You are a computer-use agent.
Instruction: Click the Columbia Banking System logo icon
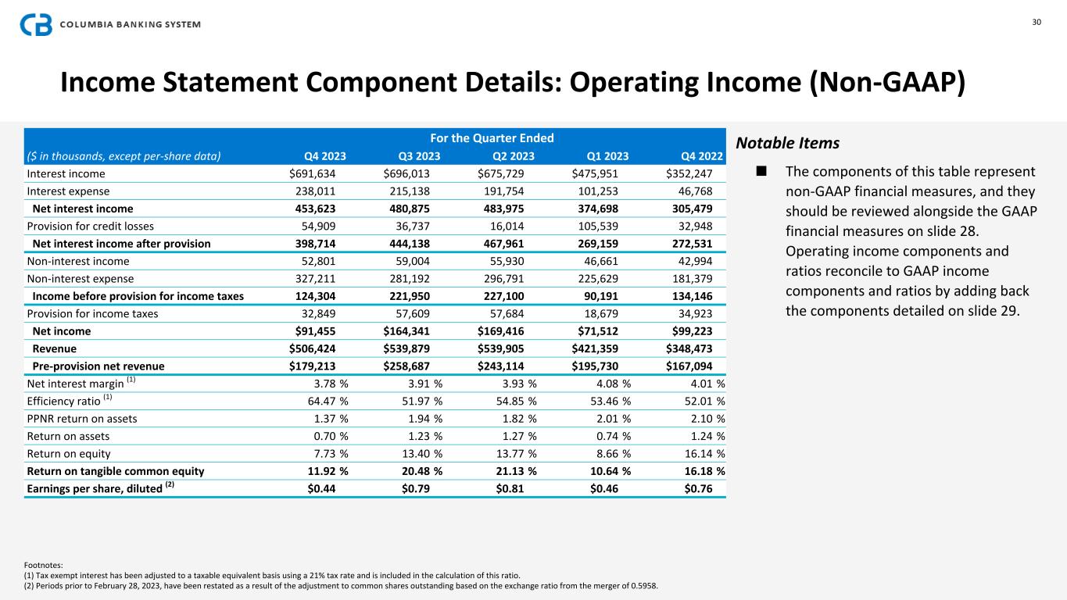click(36, 25)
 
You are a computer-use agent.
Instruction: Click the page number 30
click(1037, 22)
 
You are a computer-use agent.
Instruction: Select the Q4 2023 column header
click(324, 155)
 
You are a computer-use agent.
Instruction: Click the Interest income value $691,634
click(318, 173)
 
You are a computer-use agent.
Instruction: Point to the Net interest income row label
click(83, 209)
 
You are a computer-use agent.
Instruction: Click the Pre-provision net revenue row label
click(98, 366)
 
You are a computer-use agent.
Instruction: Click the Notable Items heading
click(788, 144)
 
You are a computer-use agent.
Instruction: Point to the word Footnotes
click(44, 564)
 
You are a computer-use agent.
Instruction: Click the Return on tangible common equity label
click(116, 471)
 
